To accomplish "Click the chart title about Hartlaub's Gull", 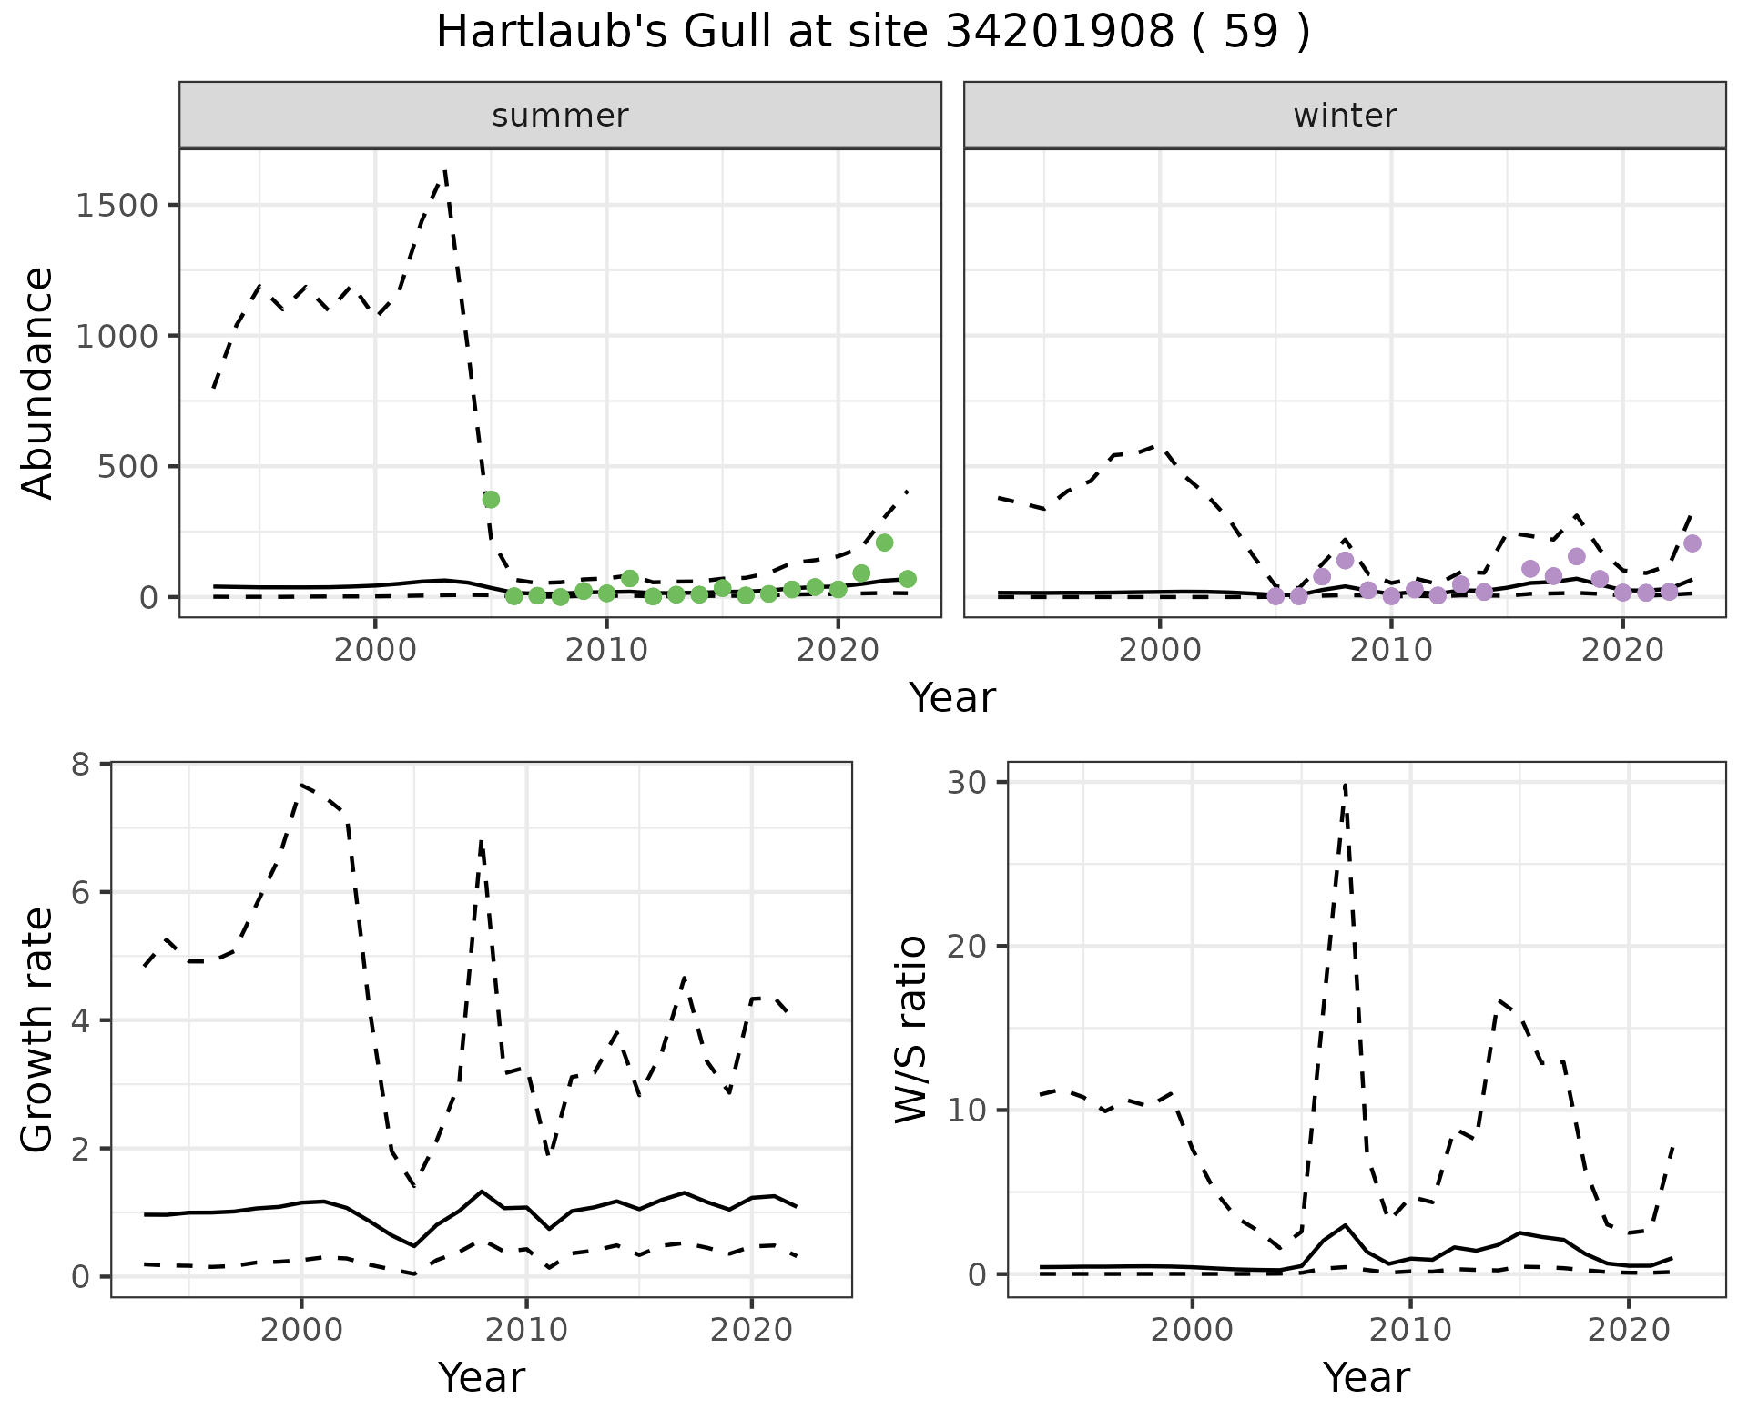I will point(873,33).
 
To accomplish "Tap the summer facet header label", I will point(560,116).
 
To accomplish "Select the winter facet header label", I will point(1345,116).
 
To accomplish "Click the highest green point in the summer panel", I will point(491,500).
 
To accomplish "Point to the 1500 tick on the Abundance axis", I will point(117,205).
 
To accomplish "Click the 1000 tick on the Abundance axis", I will point(117,336).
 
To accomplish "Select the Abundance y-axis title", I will point(38,382).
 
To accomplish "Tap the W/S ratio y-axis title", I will point(910,1029).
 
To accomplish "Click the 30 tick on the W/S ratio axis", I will point(971,782).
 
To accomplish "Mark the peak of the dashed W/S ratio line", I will point(1345,784).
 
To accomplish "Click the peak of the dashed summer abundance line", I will point(444,170).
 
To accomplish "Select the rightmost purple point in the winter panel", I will point(1692,543).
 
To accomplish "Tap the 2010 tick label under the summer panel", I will point(606,651).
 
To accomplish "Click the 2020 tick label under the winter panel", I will point(1621,651).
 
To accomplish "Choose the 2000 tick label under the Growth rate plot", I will point(301,1330).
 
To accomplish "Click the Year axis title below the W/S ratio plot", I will point(1366,1377).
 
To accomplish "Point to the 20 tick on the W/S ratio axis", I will point(971,946).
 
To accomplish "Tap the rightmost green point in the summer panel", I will point(907,579).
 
